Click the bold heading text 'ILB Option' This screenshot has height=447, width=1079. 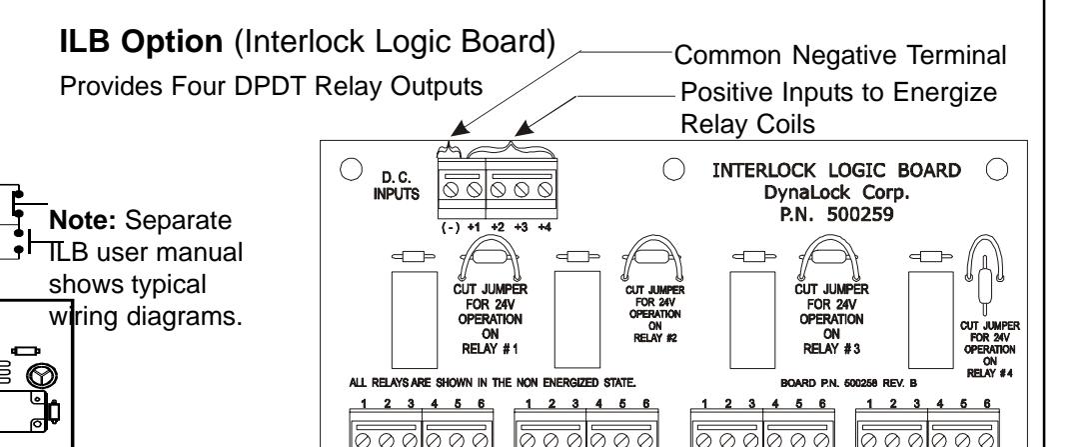[141, 42]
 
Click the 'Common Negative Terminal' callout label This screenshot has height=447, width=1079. [839, 55]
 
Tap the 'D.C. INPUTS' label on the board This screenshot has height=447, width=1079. [397, 187]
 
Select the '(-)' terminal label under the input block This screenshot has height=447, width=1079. [450, 227]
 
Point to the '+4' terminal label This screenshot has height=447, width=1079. [544, 227]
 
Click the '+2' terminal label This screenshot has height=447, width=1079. [498, 227]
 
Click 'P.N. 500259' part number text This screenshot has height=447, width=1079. [837, 215]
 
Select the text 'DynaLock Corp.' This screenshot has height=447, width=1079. [837, 193]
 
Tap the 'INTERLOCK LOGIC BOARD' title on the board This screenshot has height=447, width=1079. [837, 170]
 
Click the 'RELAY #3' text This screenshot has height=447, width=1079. [831, 349]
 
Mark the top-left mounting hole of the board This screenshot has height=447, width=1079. [351, 169]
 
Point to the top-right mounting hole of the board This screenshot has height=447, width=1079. [997, 169]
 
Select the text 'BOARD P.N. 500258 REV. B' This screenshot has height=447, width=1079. [848, 383]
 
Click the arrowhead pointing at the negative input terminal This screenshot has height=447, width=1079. [457, 129]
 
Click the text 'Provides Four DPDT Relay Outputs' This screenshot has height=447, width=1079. [271, 87]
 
